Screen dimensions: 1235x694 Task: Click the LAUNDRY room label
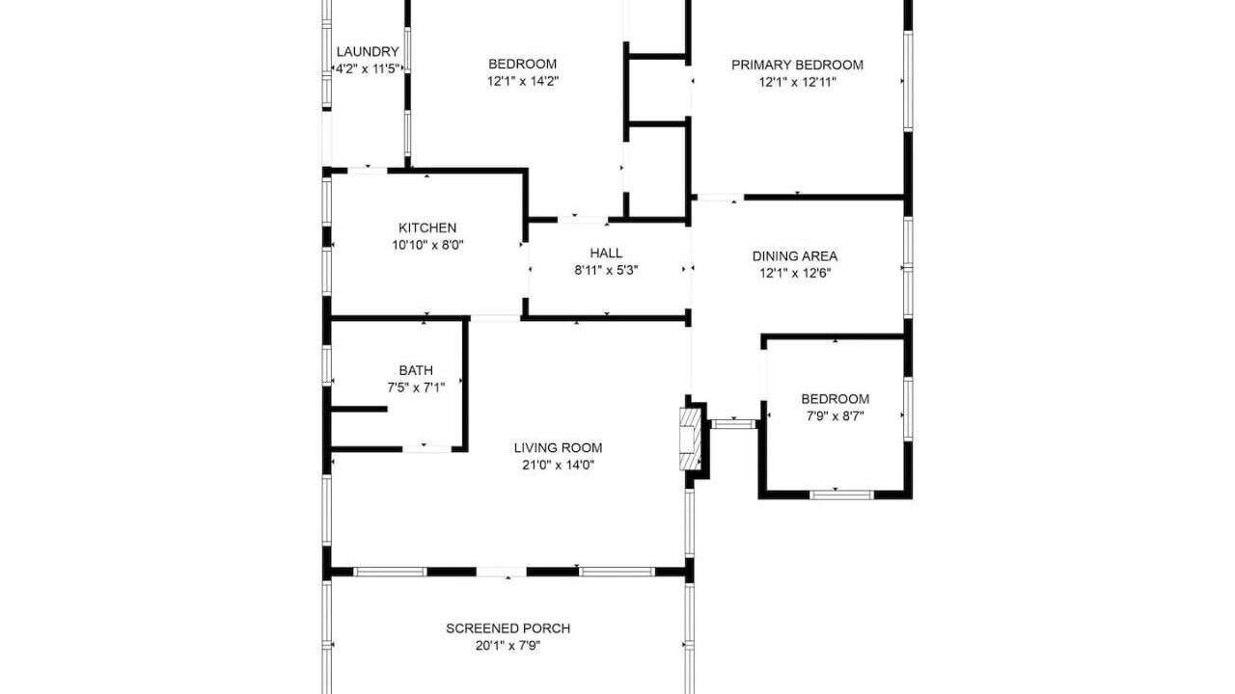(x=368, y=52)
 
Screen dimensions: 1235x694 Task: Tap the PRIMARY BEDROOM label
(x=797, y=65)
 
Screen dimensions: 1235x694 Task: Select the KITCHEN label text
(x=427, y=227)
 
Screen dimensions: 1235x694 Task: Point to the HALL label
(x=606, y=253)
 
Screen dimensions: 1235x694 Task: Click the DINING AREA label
(x=794, y=256)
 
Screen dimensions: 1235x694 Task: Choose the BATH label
(x=416, y=370)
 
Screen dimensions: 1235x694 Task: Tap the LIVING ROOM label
(x=558, y=448)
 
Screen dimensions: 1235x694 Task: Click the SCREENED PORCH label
(x=508, y=628)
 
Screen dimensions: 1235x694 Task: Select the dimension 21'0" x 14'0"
(x=558, y=465)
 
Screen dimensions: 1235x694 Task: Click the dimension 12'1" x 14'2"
(x=523, y=82)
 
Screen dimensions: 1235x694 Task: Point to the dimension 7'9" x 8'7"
(x=836, y=416)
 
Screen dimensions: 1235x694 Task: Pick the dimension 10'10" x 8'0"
(x=427, y=245)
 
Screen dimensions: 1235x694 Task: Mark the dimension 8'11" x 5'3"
(x=606, y=271)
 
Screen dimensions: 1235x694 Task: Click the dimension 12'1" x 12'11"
(x=797, y=83)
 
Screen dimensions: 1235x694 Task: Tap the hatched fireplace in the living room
(x=690, y=439)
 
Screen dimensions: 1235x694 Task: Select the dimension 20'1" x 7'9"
(x=508, y=646)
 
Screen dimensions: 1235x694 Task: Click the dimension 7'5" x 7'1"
(x=416, y=387)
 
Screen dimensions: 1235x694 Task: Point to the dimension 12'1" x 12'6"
(x=794, y=273)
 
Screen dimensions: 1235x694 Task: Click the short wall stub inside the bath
(x=359, y=409)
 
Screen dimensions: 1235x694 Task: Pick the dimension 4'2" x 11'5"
(x=368, y=69)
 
